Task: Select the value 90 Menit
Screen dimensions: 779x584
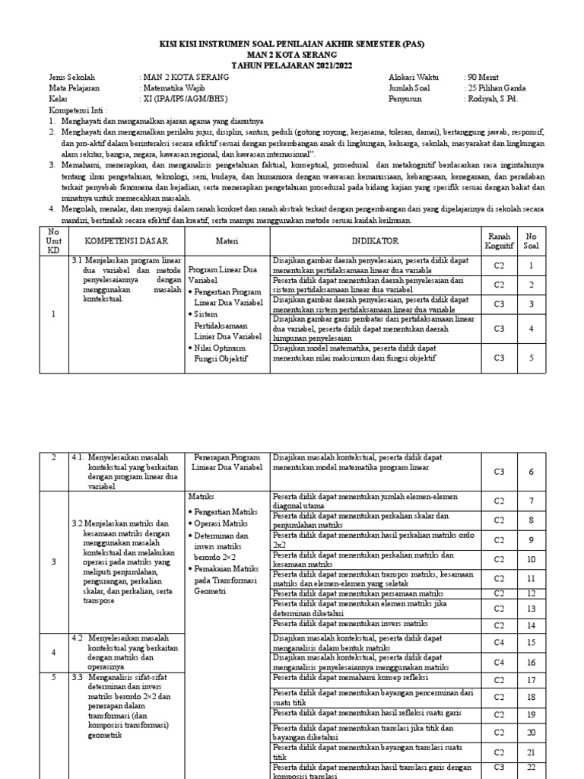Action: (x=482, y=77)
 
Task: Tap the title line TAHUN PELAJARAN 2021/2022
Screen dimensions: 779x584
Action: (x=292, y=65)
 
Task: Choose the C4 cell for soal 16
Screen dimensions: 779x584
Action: (x=499, y=663)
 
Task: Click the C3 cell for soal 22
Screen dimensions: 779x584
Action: (x=499, y=766)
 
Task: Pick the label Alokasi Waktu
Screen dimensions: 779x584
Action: (x=414, y=77)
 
